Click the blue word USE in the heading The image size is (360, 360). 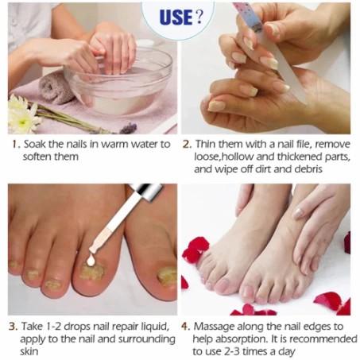[176, 17]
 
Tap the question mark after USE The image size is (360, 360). [199, 17]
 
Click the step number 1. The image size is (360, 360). [15, 145]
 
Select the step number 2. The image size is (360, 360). [187, 145]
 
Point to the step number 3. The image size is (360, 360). [13, 327]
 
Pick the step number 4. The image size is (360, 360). [186, 327]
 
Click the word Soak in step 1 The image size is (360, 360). [35, 145]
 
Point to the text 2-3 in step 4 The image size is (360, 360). [231, 351]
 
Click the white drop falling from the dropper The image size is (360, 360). [91, 261]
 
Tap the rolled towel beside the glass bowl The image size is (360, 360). [55, 87]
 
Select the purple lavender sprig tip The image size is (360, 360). [129, 128]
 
